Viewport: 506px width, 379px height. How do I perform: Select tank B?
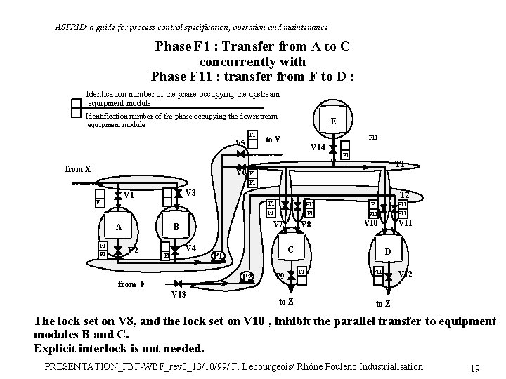point(176,227)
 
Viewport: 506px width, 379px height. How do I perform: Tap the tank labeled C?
point(290,250)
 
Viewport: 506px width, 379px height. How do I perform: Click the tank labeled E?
point(333,121)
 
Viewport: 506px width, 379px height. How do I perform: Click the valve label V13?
point(178,294)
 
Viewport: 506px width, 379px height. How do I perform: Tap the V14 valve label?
point(317,147)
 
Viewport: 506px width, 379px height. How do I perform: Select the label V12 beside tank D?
point(406,274)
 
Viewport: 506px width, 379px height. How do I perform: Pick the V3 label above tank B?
point(190,193)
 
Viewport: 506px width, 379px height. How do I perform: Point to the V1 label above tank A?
point(129,195)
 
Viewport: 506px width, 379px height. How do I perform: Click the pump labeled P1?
point(218,255)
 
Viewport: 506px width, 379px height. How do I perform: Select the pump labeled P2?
point(247,276)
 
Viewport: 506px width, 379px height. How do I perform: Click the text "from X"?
point(78,169)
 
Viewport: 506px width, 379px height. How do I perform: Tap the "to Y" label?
point(273,139)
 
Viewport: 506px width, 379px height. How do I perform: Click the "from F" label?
point(131,284)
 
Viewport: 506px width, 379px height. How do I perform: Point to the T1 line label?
point(399,164)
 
